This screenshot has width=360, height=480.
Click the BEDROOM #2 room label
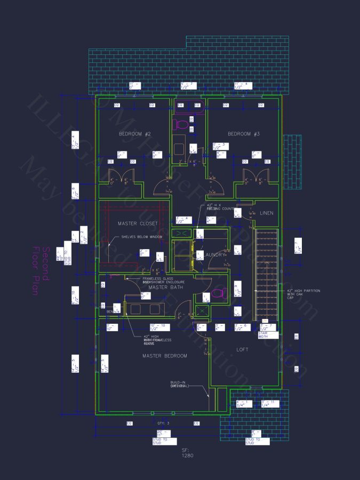click(135, 134)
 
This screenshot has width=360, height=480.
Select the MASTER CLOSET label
click(138, 223)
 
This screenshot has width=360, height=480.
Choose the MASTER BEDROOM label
click(164, 355)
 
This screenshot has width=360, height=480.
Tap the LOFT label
click(243, 350)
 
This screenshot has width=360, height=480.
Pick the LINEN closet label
click(267, 213)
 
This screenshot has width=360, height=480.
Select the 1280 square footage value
click(187, 455)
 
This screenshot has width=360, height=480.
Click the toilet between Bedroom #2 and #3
click(182, 125)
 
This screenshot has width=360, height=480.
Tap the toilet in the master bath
click(217, 293)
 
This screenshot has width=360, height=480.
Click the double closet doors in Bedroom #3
click(255, 178)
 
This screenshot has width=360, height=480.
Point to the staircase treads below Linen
click(265, 272)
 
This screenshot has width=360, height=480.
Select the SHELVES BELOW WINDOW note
click(142, 237)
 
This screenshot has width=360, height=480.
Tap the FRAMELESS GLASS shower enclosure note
click(163, 280)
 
